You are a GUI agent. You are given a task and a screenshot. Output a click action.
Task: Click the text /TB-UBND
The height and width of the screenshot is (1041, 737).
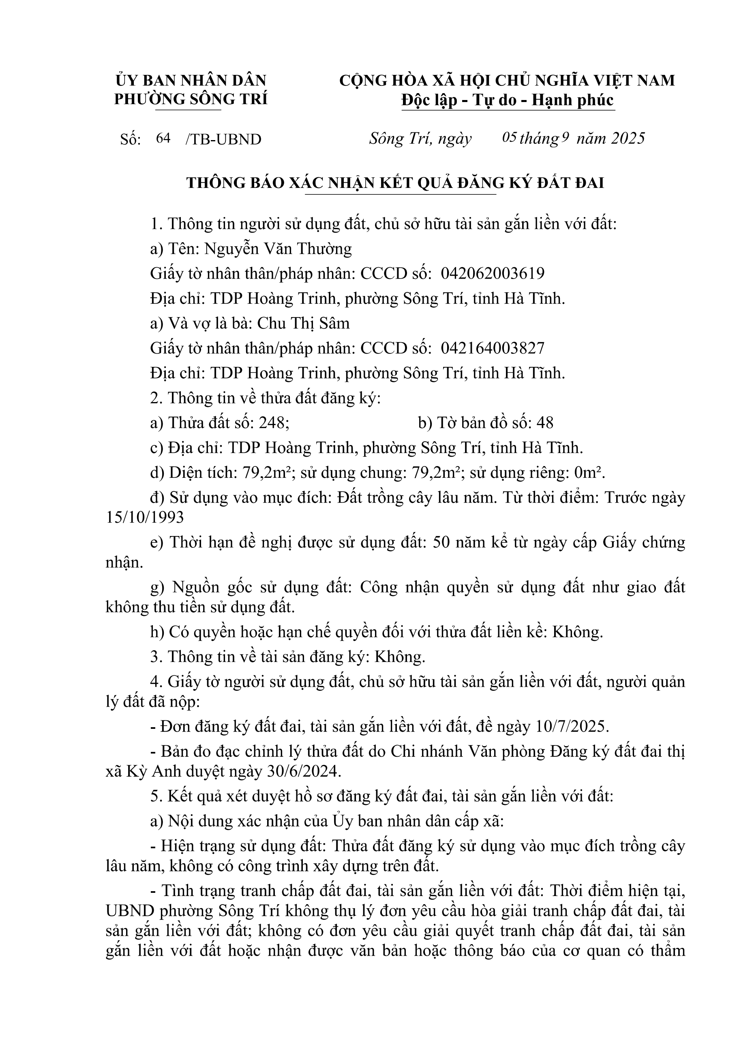(223, 139)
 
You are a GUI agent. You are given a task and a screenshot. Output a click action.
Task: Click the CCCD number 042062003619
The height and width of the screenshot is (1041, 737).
(493, 273)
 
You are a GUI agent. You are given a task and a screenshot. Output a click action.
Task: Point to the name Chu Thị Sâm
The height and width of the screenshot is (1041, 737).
(303, 323)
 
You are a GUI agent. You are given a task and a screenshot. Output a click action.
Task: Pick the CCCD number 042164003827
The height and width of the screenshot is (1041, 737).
(493, 348)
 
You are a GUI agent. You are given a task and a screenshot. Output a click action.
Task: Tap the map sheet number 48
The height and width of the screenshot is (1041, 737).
(544, 423)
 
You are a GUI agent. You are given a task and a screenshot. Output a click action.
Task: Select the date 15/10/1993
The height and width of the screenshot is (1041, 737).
(145, 517)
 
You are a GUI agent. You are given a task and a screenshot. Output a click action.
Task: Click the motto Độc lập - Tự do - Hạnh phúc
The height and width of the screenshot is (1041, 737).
(508, 100)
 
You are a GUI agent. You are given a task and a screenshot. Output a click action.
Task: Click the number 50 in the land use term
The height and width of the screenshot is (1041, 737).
(442, 542)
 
